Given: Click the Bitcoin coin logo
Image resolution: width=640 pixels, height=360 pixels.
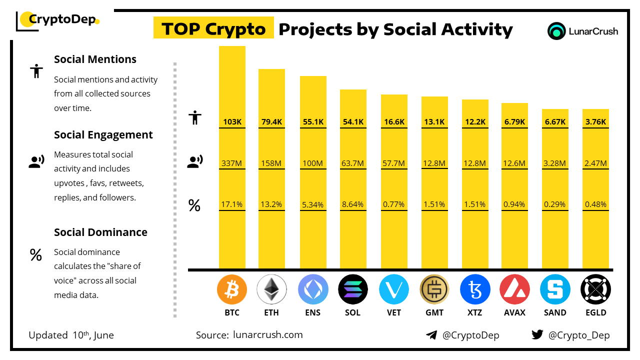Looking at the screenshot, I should tap(232, 289).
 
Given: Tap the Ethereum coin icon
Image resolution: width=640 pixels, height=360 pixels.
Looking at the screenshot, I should tap(271, 289).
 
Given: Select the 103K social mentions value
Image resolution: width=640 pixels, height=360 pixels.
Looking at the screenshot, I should tap(232, 121).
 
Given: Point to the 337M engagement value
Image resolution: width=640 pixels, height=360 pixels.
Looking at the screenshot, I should tap(232, 163).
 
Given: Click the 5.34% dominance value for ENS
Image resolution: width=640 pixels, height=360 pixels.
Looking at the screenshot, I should tap(313, 204).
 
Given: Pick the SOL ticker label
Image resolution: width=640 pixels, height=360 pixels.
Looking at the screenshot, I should tap(352, 312).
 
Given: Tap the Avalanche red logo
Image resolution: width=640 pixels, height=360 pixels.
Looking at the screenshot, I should tap(514, 289).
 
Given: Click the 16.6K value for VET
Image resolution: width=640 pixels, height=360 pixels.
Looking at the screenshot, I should tap(394, 121).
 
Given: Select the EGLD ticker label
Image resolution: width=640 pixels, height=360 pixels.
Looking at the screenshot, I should tap(595, 312).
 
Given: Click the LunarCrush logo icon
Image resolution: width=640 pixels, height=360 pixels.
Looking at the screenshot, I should tap(556, 31).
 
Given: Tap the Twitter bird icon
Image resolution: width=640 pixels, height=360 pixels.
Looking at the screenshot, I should tap(537, 334).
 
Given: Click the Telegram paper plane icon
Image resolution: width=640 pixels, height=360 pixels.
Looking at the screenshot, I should tap(431, 335).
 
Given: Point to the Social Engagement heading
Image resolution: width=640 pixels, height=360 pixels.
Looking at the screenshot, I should tap(103, 135).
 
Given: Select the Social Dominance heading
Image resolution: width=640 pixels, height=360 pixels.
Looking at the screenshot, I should tap(100, 232).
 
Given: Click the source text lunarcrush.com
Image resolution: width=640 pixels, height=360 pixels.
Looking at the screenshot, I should tap(268, 335).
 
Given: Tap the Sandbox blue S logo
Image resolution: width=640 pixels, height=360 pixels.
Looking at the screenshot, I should tap(555, 289).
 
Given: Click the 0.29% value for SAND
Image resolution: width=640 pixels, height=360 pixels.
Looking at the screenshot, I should tap(555, 204).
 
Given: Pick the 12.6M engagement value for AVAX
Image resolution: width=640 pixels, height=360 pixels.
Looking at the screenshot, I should tap(514, 163).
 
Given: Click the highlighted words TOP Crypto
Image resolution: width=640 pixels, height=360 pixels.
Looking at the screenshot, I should tap(213, 29).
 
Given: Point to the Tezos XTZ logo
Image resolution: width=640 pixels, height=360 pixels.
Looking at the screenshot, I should tap(474, 289).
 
